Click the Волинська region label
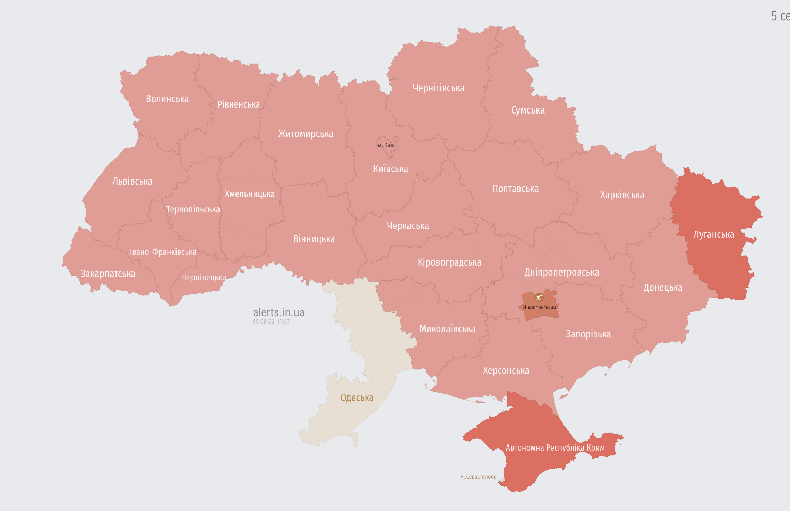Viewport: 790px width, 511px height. (x=167, y=99)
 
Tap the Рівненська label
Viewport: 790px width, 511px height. (x=238, y=104)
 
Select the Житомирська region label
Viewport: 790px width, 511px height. (x=305, y=134)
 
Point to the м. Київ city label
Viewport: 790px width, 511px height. (x=386, y=145)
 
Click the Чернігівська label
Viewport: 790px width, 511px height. (x=438, y=88)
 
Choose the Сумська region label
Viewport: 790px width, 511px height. (x=527, y=110)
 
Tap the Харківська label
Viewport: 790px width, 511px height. (x=622, y=195)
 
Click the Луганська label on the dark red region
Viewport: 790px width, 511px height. (x=713, y=235)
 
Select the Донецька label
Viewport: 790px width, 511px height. (x=662, y=288)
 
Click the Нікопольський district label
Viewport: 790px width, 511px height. (x=539, y=308)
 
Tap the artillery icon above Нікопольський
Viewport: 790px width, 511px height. (x=539, y=297)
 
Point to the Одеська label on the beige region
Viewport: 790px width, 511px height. (x=357, y=398)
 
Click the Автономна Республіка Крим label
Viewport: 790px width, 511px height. (x=555, y=448)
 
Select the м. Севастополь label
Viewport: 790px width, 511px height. (x=478, y=477)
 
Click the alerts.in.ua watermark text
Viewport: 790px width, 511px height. (x=278, y=312)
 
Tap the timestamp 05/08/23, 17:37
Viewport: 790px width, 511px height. (x=271, y=322)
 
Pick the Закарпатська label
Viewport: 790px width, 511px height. (x=108, y=274)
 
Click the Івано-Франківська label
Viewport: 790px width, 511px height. (x=163, y=252)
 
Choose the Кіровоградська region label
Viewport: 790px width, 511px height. (x=449, y=262)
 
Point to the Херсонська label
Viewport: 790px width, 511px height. (x=506, y=371)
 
